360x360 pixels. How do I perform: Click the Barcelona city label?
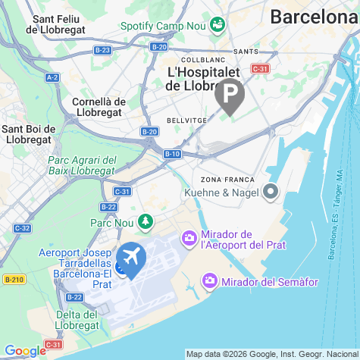(315, 17)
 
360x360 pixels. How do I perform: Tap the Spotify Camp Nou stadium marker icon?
(218, 24)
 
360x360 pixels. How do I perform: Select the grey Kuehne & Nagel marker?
(271, 193)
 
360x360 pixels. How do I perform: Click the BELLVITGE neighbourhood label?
(185, 120)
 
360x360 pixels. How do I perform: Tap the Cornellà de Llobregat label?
(99, 107)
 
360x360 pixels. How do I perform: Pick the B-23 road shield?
(102, 50)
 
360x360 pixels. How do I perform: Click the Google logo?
(25, 350)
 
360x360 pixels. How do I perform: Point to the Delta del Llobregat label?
(76, 321)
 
